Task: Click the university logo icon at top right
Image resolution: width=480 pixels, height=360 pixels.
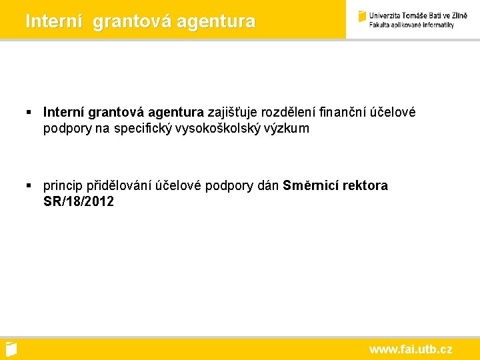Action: [363, 17]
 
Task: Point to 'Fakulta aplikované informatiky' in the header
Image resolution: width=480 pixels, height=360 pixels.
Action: [411, 25]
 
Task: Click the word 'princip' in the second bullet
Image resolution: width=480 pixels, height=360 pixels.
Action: [63, 185]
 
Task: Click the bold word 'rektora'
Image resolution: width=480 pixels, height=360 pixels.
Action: [365, 185]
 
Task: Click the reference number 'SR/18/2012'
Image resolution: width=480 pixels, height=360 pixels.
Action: [79, 201]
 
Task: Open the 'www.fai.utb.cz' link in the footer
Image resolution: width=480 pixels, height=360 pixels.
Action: [411, 349]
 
